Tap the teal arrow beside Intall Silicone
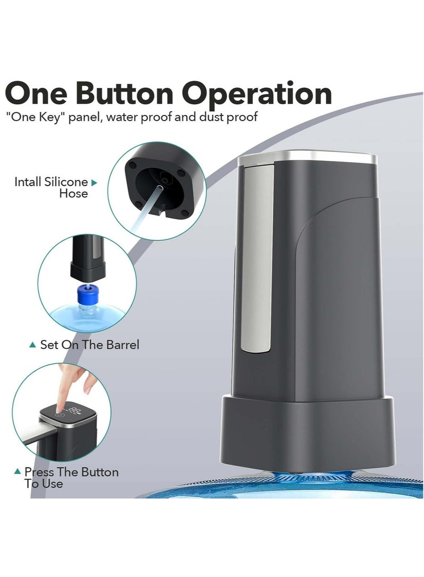[94, 183]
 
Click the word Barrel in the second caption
[121, 345]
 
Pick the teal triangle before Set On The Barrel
[33, 345]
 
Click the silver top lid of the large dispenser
[307, 157]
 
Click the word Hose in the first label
[74, 194]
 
